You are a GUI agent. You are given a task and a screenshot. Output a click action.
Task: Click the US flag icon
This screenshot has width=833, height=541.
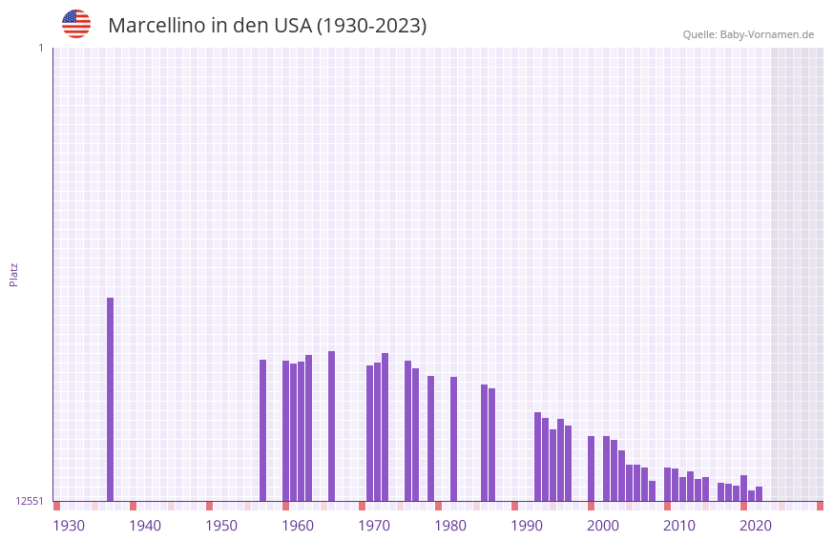pos(76,24)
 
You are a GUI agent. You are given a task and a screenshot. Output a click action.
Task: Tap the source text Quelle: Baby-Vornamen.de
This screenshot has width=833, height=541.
pos(747,34)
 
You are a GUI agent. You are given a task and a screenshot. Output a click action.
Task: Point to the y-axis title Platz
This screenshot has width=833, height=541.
pos(13,274)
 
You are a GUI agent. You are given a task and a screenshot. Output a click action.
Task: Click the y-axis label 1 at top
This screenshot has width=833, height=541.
pos(40,48)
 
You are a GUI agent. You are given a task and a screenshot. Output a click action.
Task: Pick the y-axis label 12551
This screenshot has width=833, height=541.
pos(30,501)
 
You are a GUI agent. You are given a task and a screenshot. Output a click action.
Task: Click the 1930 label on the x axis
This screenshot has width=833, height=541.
pos(69,526)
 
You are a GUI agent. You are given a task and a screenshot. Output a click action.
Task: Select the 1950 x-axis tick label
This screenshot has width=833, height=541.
pos(221,526)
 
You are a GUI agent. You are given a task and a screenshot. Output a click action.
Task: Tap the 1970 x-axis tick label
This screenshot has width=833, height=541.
pos(374,526)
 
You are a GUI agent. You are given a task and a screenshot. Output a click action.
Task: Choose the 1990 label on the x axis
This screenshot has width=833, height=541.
pos(527,526)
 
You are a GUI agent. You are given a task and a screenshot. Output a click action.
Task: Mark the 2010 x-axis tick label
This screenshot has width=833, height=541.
pos(679,526)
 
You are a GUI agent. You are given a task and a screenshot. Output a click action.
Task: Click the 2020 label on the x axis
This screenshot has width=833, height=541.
pos(756,526)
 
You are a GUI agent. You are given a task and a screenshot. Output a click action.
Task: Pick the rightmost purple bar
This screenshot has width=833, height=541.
pos(759,493)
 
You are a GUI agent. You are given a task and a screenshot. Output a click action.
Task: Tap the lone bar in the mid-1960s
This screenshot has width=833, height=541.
pos(331,426)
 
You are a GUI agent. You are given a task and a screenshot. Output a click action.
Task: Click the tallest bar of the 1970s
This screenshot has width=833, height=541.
pos(385,427)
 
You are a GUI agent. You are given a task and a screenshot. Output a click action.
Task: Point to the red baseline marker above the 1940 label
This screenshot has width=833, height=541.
pos(133,506)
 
